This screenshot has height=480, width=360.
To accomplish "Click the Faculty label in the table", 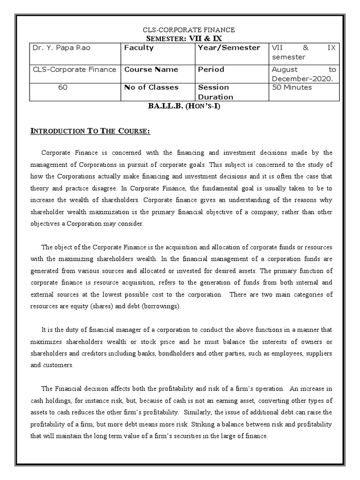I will (139, 48).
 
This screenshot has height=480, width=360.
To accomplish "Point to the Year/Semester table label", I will (229, 48).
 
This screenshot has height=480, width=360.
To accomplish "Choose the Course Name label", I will (151, 69).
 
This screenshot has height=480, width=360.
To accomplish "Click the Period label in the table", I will (211, 69).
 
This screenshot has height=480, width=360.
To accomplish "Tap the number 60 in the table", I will (63, 87).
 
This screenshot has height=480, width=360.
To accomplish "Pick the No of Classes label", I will (151, 87).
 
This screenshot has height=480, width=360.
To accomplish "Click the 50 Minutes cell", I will (292, 87).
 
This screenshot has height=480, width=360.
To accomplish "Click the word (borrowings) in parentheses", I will (158, 306).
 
